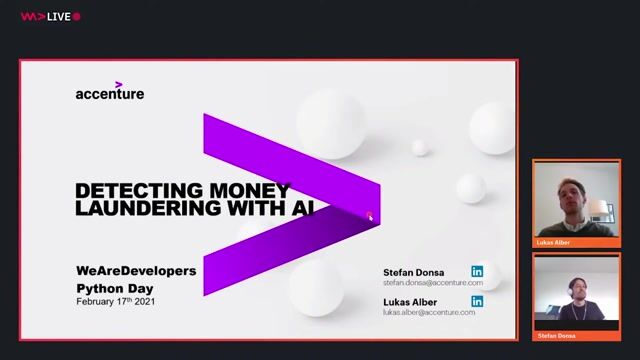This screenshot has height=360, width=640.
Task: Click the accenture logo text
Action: [109, 94]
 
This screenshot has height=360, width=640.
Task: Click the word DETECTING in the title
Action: [136, 190]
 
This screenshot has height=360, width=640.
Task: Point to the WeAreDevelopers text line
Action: [136, 271]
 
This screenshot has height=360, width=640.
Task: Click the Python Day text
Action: [114, 287]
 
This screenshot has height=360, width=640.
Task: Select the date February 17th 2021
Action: [116, 301]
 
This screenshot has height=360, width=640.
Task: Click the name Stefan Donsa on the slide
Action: [413, 272]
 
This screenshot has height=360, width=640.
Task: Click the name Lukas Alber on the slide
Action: [411, 301]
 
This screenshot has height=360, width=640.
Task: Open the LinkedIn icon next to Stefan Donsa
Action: [477, 272]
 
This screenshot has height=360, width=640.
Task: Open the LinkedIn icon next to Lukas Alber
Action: [477, 301]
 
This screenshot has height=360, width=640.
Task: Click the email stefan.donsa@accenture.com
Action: [432, 283]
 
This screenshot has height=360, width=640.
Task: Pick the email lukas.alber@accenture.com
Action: [429, 312]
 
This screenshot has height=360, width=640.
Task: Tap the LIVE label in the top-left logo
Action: [60, 16]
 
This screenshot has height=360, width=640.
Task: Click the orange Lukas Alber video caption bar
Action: [575, 242]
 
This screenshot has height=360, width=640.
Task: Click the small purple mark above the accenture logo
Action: [119, 84]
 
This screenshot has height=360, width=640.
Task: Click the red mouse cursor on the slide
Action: [370, 216]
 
